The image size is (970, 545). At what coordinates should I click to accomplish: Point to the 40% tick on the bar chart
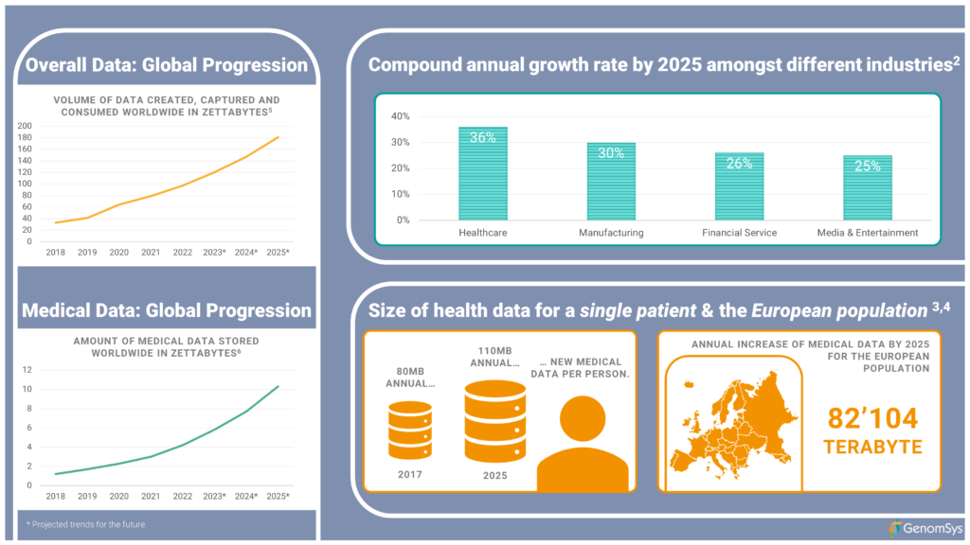coord(400,116)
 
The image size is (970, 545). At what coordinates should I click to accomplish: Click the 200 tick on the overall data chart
coord(25,126)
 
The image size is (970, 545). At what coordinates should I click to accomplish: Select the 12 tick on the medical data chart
coord(28,370)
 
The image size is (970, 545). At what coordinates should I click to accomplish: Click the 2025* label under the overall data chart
coord(277,253)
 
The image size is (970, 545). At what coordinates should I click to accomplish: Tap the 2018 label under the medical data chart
coord(55,497)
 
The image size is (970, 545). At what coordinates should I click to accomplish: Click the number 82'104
coord(872,419)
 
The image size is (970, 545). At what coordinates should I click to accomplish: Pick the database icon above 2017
coord(410,431)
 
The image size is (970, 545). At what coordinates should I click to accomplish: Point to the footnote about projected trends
coord(86,523)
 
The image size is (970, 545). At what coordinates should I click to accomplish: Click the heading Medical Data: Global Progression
coord(167,310)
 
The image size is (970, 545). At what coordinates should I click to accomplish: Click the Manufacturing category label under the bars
coord(611,232)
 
